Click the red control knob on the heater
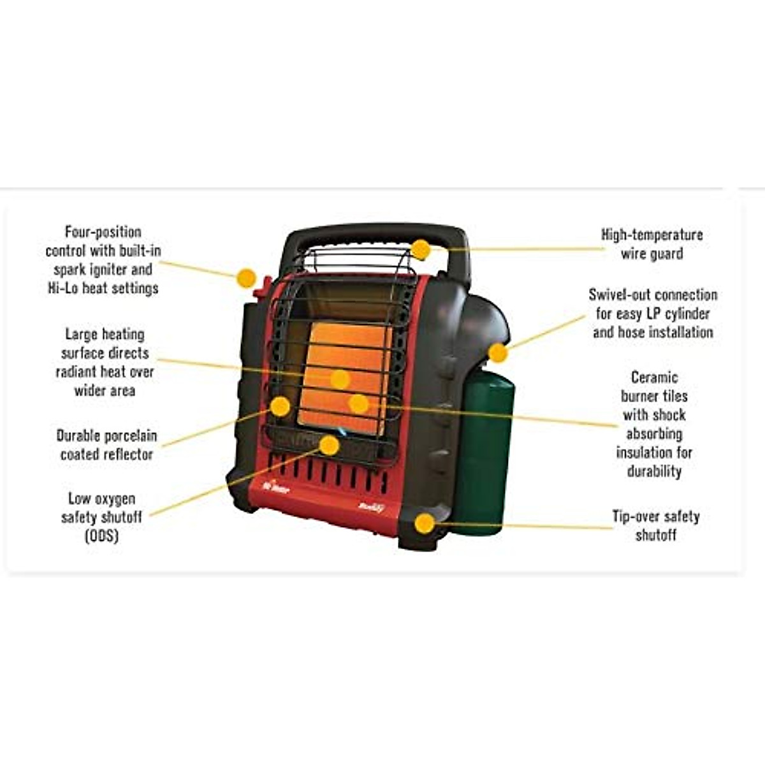coord(262,286)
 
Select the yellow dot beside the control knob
coord(246,278)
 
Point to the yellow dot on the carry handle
coord(421,249)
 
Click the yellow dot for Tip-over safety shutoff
coord(425,523)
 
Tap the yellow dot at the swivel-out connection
coord(498,353)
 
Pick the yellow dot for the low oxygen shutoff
coord(329,445)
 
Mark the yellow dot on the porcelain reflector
coord(280,406)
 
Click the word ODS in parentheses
coord(101,535)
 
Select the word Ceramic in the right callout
coord(654,377)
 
